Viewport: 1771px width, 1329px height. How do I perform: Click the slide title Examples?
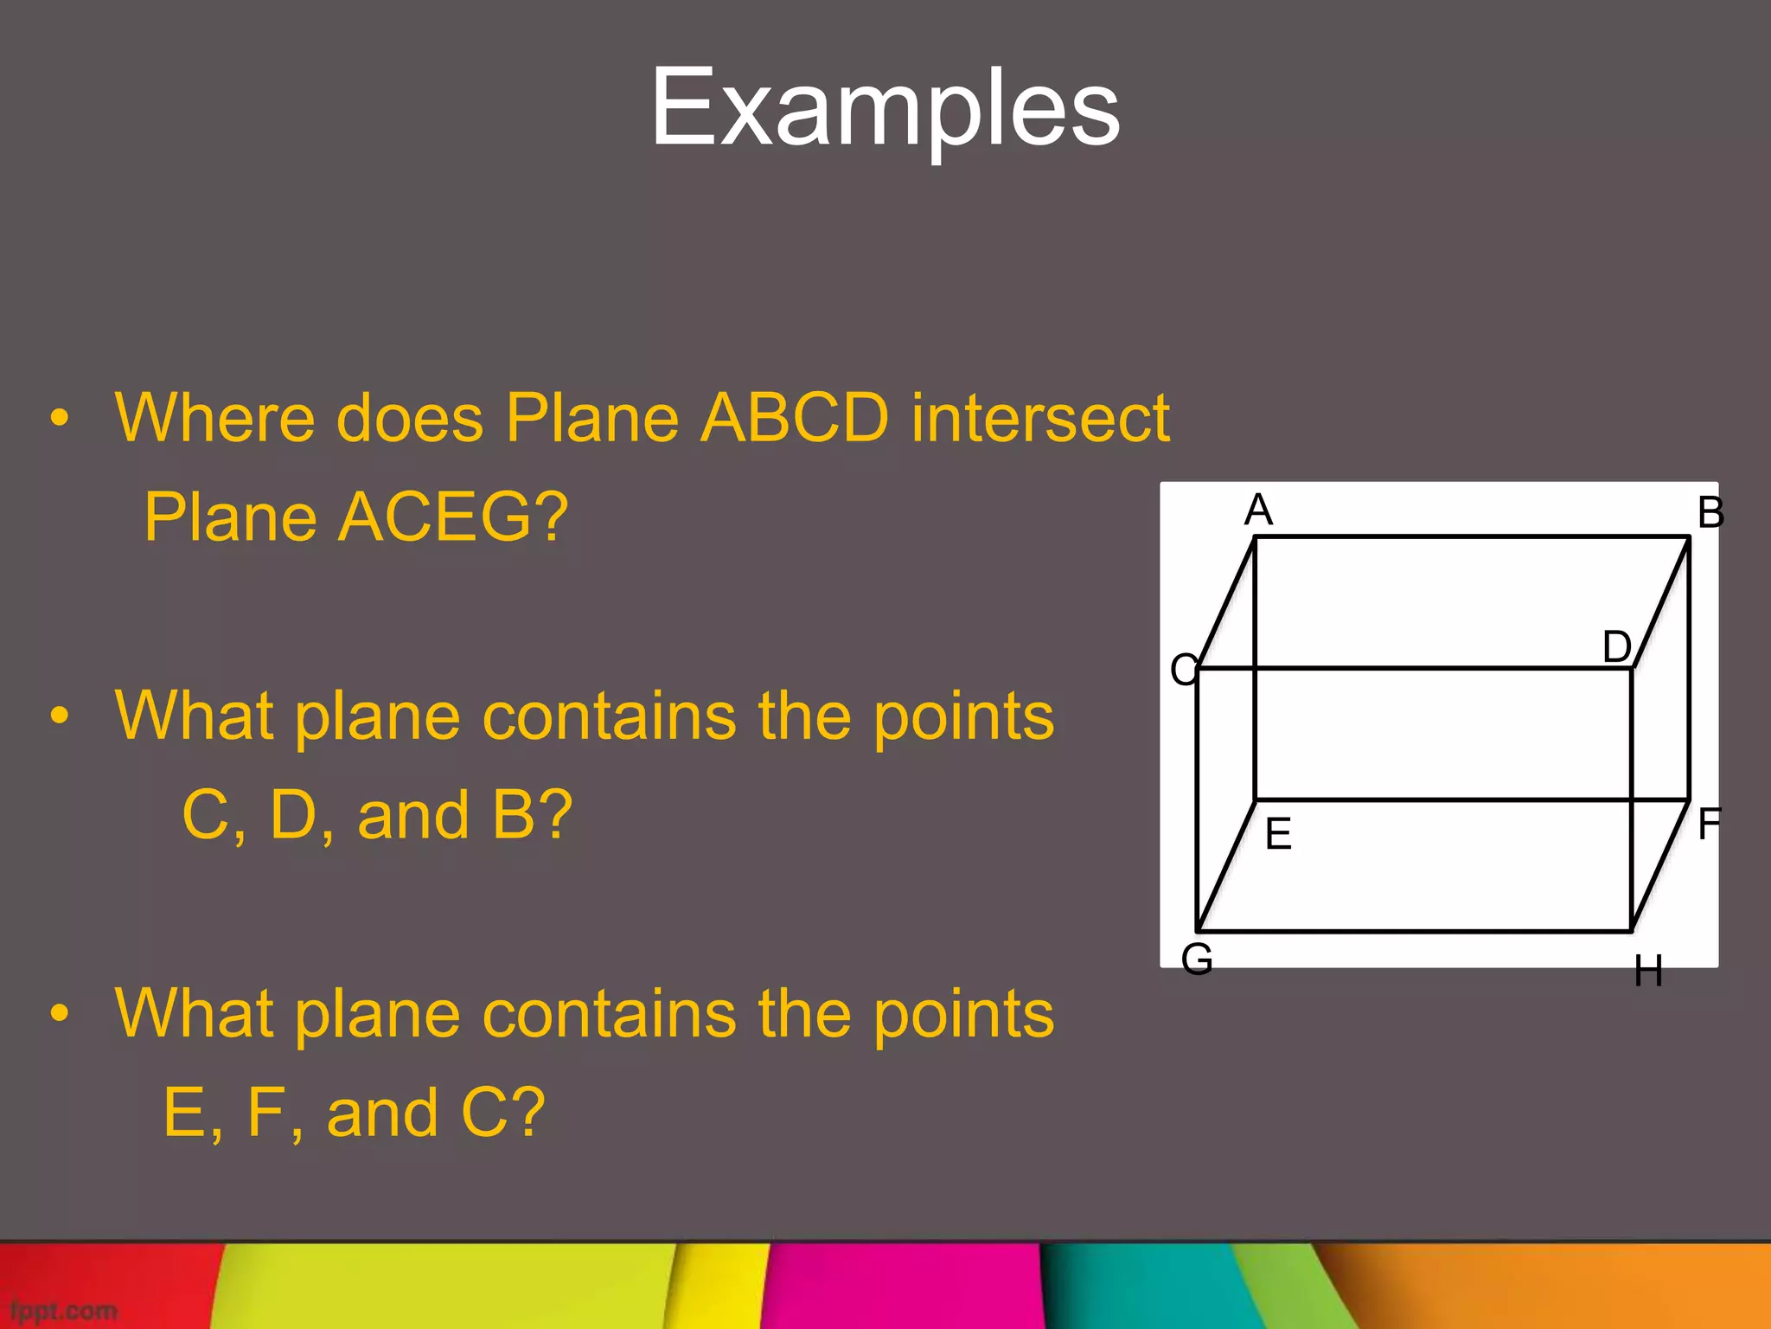point(885,108)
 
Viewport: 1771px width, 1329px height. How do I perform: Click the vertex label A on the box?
point(1258,510)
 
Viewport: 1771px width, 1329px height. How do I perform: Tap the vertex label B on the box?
point(1710,512)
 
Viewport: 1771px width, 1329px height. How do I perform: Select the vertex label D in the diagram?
point(1616,646)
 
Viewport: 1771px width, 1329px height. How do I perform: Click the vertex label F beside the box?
point(1709,824)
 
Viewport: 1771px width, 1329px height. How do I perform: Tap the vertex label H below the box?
point(1648,972)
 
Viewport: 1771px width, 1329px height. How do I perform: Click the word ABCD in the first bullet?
point(794,419)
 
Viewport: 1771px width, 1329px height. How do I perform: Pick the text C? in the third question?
point(502,1113)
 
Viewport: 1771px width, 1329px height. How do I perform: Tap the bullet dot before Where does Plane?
point(59,419)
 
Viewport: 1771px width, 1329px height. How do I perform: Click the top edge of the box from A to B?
point(1470,537)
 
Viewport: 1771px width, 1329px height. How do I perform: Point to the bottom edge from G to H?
point(1414,931)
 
